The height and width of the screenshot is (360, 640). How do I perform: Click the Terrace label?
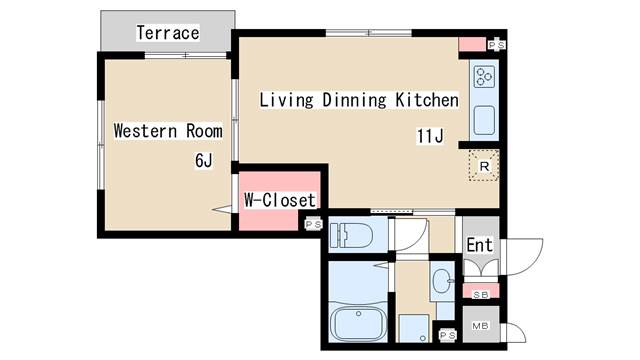(168, 33)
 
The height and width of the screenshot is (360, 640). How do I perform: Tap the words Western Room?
(168, 131)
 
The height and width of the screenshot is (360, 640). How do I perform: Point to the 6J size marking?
(204, 160)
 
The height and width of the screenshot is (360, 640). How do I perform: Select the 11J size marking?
(430, 136)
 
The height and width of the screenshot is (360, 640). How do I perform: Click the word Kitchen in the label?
(427, 100)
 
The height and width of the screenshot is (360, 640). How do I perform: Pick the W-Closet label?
(280, 200)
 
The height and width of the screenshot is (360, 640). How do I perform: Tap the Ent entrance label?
(480, 245)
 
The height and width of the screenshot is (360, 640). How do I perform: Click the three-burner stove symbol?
(484, 77)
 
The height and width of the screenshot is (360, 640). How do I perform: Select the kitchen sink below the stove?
(484, 120)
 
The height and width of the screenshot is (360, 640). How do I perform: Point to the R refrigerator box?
(484, 166)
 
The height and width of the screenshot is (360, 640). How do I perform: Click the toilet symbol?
(351, 235)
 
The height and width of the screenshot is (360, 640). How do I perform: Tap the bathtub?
(358, 324)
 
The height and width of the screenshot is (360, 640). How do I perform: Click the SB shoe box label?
(480, 295)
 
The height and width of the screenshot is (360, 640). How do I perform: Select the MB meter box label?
(480, 326)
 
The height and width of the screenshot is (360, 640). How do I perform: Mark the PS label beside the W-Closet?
(313, 224)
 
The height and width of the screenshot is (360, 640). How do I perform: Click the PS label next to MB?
(447, 335)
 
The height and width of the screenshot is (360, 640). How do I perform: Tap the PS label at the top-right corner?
(497, 44)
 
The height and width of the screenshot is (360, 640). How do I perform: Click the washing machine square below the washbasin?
(413, 328)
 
